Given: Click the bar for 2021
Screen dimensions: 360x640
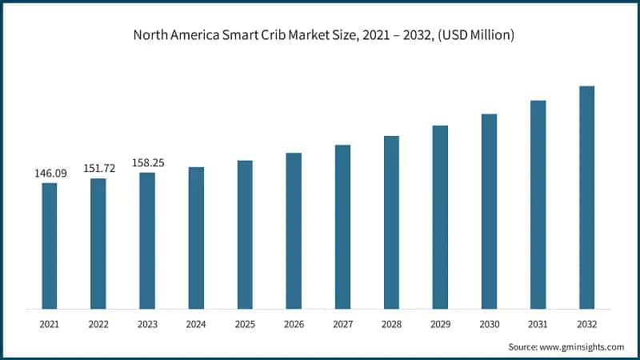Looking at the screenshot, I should (x=50, y=246).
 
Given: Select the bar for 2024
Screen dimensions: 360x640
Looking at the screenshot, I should (x=196, y=238).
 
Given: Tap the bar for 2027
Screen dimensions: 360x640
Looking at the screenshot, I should (x=342, y=226).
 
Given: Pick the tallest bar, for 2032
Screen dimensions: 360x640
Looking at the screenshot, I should (x=586, y=197).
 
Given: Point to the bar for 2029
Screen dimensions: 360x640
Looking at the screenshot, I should (x=440, y=217).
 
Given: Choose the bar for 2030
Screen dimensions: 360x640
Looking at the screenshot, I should (x=489, y=211).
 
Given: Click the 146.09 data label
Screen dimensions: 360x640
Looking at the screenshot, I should (x=50, y=173).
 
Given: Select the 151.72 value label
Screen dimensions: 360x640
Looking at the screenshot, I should (x=98, y=168).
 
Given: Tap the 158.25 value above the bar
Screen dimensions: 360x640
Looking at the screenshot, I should (x=147, y=162).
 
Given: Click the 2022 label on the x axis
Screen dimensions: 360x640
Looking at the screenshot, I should (x=98, y=325).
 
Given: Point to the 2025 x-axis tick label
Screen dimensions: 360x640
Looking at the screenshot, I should (x=245, y=325).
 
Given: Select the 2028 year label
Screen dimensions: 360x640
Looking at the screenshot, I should (x=391, y=325).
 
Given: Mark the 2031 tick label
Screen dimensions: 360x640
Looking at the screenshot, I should (x=538, y=325).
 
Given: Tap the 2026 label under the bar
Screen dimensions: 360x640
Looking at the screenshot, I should (x=294, y=325).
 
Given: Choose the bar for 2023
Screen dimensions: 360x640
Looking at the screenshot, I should (x=147, y=240).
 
